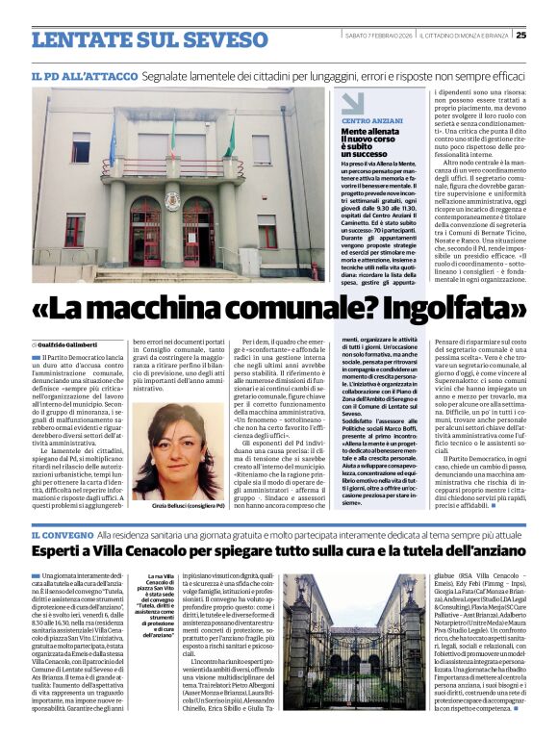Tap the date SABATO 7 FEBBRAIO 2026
point(378,36)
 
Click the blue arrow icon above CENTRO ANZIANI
point(353,102)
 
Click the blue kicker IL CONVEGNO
point(60,534)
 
